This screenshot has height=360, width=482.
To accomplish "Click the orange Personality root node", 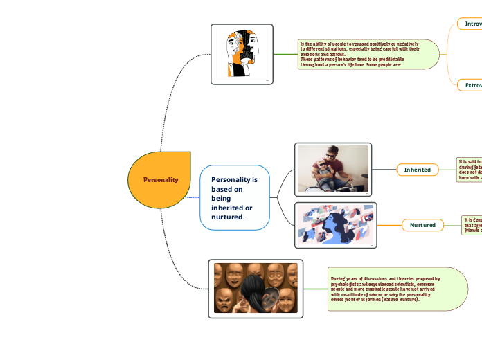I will point(159,179).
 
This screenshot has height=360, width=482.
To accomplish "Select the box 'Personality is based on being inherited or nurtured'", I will point(234,197).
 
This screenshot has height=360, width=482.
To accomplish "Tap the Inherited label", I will point(417,170).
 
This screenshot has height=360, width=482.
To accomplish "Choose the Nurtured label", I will point(422,225).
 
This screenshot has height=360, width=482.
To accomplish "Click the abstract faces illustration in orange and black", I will point(242,54).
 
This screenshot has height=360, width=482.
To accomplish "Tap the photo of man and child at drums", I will point(333,168).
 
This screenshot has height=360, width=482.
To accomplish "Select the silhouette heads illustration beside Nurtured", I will point(335,225).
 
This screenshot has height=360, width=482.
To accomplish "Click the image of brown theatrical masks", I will point(256,288).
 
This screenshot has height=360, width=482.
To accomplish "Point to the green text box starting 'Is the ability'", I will point(368,54).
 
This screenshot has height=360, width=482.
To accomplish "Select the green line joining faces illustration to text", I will point(285,54).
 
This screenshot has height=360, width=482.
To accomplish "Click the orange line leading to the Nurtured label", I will point(389,225).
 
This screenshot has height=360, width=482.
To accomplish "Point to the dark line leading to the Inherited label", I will point(384,170).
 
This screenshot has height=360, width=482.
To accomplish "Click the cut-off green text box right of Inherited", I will point(469,169).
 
